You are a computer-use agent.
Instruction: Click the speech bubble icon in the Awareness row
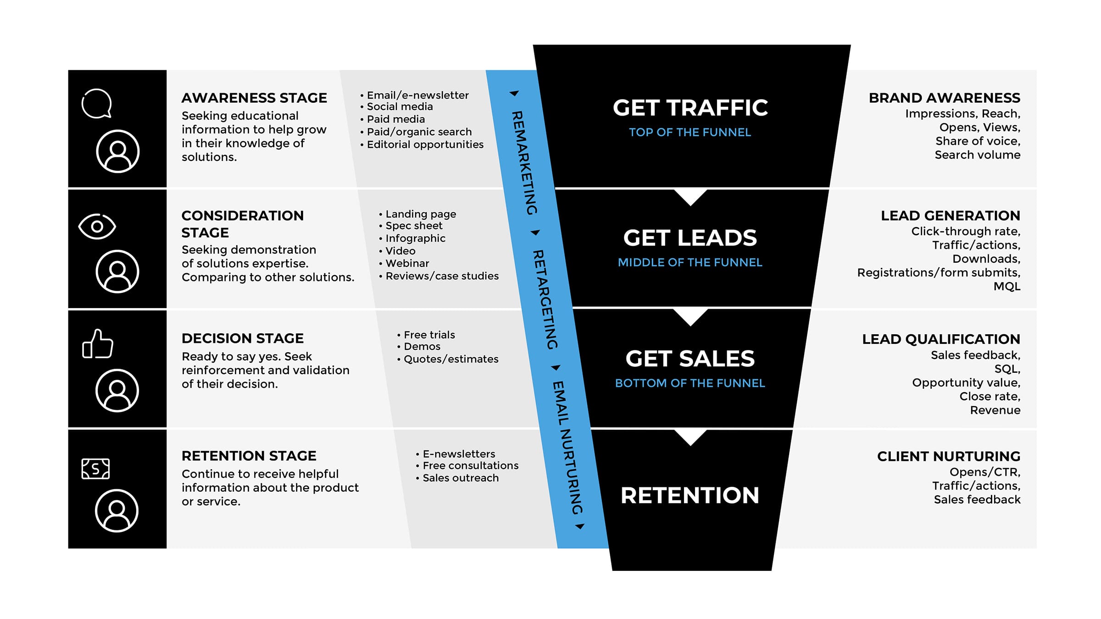[x=97, y=104]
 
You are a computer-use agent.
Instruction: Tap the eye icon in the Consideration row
[x=97, y=226]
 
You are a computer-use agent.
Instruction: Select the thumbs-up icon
[x=97, y=344]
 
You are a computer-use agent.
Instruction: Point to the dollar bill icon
[x=95, y=469]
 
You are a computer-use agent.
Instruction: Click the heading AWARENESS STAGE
[x=254, y=98]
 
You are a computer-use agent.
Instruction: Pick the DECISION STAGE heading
[x=242, y=338]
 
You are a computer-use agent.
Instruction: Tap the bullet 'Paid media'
[x=395, y=119]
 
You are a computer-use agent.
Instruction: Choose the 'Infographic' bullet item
[x=415, y=238]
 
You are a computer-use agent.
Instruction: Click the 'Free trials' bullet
[x=429, y=335]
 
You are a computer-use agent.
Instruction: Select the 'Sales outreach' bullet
[x=460, y=478]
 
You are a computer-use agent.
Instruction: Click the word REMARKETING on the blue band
[x=524, y=163]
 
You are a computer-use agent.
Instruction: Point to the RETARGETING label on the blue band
[x=545, y=299]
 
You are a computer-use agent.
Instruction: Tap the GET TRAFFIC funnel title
[x=690, y=108]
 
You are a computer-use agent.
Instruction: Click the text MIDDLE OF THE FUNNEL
[x=690, y=262]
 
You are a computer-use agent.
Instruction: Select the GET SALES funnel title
[x=690, y=359]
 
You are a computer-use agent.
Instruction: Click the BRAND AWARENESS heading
[x=944, y=98]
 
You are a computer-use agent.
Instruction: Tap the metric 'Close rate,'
[x=990, y=396]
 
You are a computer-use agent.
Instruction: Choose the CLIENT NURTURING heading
[x=948, y=456]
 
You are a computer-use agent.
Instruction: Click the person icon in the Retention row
[x=117, y=511]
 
